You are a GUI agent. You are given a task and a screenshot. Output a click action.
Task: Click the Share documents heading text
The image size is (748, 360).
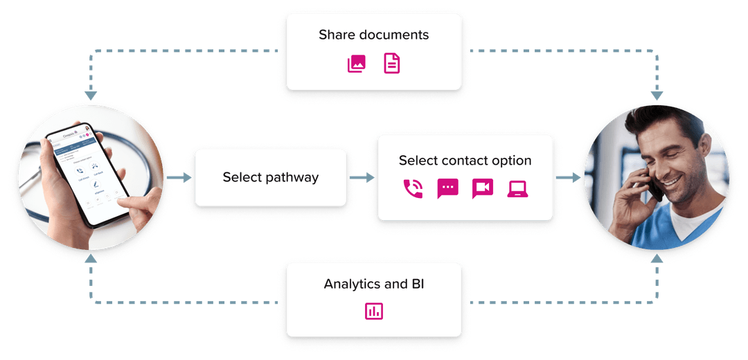(373, 35)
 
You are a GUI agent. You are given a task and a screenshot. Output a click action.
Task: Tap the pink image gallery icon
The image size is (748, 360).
(356, 64)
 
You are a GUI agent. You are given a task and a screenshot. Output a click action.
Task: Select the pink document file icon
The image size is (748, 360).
(392, 64)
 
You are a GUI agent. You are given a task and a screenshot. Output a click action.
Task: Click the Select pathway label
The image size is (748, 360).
(270, 177)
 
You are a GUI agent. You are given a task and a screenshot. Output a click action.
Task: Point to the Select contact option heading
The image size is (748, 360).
(465, 161)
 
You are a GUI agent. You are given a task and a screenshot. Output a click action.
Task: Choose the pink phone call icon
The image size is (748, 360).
(413, 189)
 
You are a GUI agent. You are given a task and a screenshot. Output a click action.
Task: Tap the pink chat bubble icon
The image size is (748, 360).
(447, 189)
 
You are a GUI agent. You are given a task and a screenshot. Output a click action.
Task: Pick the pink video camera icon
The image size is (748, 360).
(482, 189)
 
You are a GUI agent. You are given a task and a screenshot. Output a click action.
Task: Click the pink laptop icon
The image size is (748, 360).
(517, 189)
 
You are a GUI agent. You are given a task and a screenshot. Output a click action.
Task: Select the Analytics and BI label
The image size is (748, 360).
(373, 284)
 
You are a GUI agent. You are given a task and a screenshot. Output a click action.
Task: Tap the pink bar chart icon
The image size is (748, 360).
(374, 312)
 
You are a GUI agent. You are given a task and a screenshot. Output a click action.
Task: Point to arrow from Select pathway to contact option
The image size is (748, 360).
(362, 178)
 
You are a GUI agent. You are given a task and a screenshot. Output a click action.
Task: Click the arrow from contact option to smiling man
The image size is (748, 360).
(567, 178)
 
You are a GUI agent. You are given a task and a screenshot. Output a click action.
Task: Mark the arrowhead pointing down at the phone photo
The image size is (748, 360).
(90, 96)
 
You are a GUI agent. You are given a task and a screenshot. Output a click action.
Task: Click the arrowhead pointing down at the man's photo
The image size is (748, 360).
(657, 95)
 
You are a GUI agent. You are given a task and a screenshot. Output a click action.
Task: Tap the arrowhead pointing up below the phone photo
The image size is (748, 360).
(90, 259)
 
